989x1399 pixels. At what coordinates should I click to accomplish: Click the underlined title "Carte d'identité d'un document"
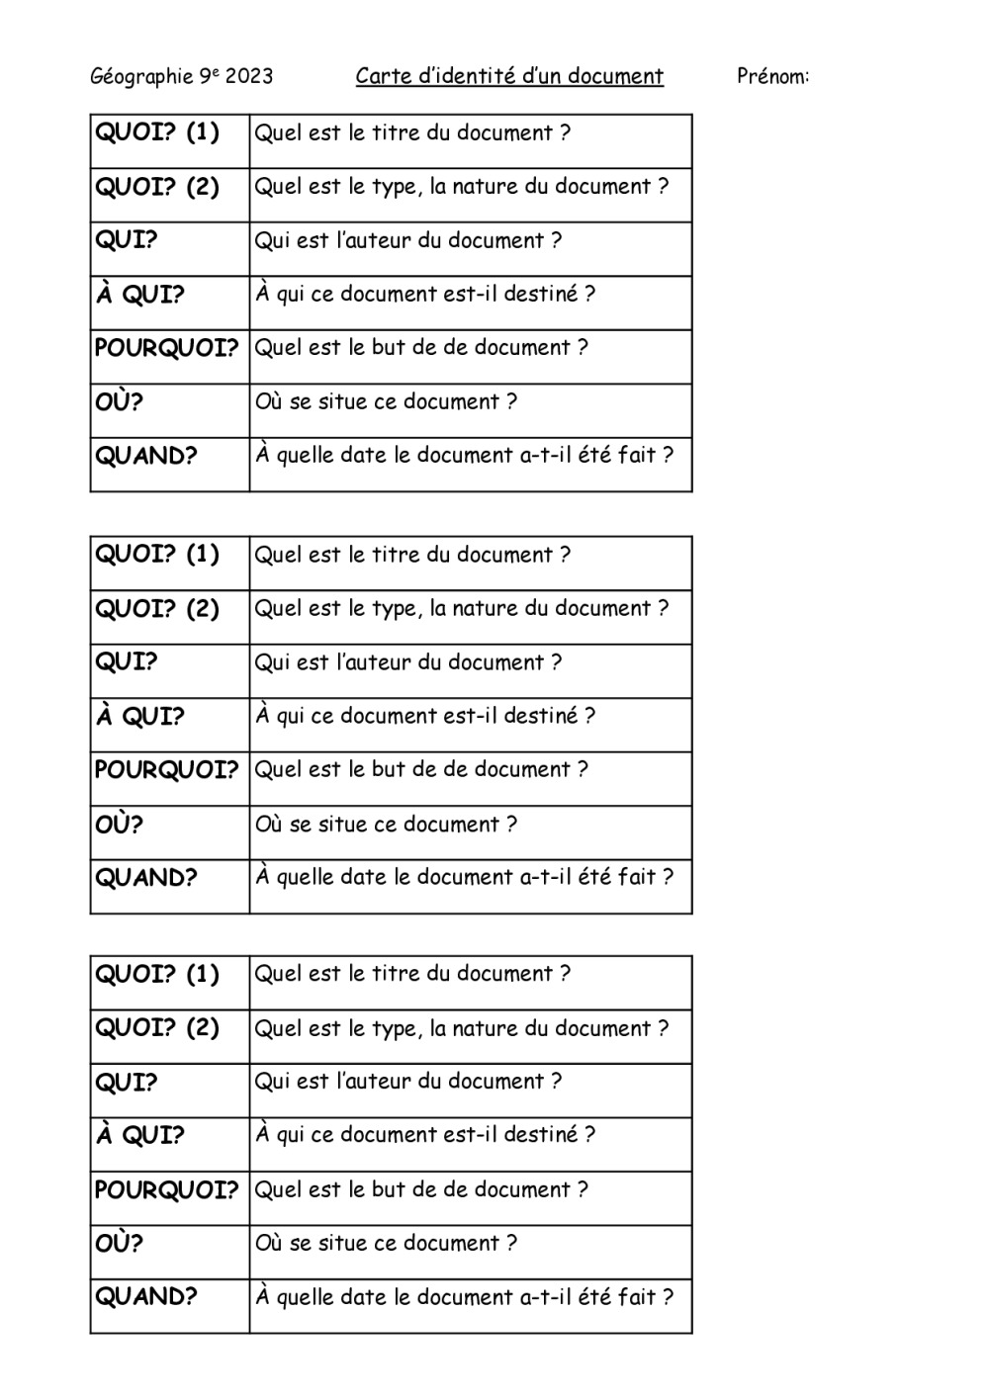click(x=509, y=76)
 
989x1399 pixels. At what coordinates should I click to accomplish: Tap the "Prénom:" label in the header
click(x=772, y=76)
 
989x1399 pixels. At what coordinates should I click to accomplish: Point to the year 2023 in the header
click(x=249, y=76)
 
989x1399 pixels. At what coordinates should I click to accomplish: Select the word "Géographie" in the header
click(x=141, y=77)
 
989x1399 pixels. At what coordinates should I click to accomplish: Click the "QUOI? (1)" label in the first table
click(x=157, y=132)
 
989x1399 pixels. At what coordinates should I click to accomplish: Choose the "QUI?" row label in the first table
click(x=127, y=240)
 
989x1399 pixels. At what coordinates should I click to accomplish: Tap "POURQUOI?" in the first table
click(x=167, y=348)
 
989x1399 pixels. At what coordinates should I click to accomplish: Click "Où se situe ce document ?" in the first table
click(x=386, y=401)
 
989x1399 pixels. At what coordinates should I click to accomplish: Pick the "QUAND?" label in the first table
click(x=146, y=456)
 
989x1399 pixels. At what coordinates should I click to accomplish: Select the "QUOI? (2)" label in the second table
click(x=157, y=608)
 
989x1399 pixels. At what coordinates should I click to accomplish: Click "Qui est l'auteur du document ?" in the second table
click(x=408, y=662)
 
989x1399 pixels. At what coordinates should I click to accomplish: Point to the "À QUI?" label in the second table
click(x=139, y=716)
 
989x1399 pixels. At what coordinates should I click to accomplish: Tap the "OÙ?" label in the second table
click(x=120, y=824)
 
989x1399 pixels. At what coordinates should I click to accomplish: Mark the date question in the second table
click(x=464, y=877)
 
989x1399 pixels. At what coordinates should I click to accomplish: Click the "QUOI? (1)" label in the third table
click(x=157, y=974)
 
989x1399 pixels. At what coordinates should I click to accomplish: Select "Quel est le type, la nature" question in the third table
click(x=461, y=1028)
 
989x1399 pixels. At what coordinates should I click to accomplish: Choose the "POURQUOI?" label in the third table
click(x=167, y=1189)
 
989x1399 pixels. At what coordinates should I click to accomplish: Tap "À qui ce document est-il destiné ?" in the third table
click(x=425, y=1135)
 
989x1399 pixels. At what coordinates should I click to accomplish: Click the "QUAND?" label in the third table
click(x=146, y=1296)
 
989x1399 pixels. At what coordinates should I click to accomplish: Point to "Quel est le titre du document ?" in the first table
click(x=412, y=132)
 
